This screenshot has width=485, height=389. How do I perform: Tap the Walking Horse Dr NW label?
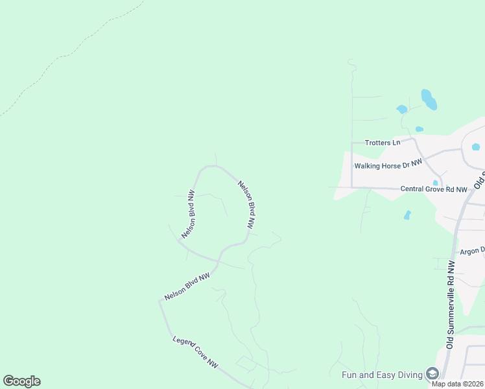click(x=388, y=165)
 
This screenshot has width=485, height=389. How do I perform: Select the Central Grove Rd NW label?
click(x=434, y=189)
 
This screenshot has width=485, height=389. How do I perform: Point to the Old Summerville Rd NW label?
click(x=451, y=304)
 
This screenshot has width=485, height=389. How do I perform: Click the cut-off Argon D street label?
click(x=472, y=251)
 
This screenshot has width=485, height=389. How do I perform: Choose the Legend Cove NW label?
click(x=195, y=353)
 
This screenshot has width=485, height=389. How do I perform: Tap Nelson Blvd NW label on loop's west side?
click(x=188, y=215)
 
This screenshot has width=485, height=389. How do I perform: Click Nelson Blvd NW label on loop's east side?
click(x=246, y=204)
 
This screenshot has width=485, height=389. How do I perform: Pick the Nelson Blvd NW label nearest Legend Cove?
click(x=187, y=286)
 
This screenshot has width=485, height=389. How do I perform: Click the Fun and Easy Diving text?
click(x=382, y=374)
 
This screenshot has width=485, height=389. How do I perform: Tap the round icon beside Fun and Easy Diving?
click(x=432, y=373)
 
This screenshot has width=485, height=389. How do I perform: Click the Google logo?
click(x=21, y=381)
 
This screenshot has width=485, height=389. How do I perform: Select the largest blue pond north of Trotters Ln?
click(x=429, y=99)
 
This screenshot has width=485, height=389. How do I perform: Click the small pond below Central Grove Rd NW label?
click(x=407, y=215)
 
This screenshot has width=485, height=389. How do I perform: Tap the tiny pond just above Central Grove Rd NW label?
click(x=435, y=183)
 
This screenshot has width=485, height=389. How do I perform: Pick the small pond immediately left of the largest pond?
click(x=402, y=109)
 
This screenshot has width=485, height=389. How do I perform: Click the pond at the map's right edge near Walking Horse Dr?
click(x=476, y=147)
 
